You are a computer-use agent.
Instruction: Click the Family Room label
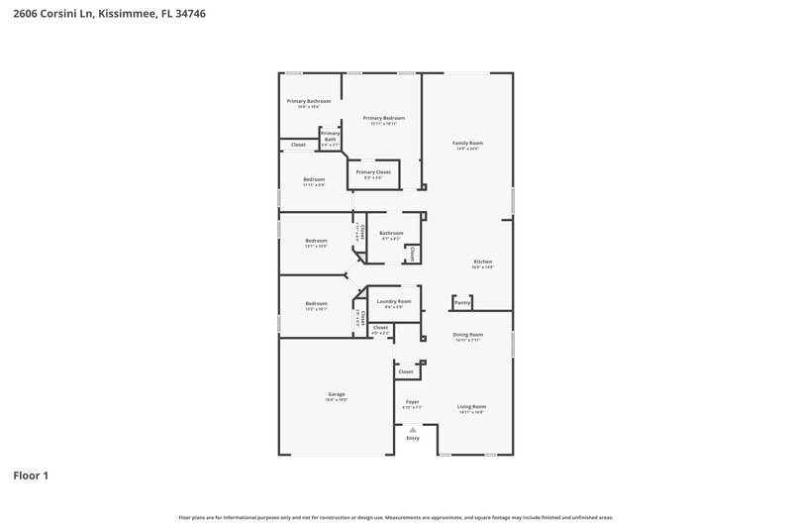pyautogui.click(x=466, y=144)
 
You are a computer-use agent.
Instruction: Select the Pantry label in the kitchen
pyautogui.click(x=462, y=302)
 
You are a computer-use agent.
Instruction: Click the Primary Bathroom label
pyautogui.click(x=309, y=101)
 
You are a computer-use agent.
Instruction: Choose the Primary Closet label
pyautogui.click(x=373, y=172)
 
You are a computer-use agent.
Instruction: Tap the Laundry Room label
pyautogui.click(x=393, y=301)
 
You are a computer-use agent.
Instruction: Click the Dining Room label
pyautogui.click(x=467, y=335)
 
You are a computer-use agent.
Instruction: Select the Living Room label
pyautogui.click(x=471, y=406)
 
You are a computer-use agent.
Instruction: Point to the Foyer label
pyautogui.click(x=413, y=402)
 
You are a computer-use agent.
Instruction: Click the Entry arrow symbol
pyautogui.click(x=413, y=429)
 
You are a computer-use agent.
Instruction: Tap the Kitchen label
pyautogui.click(x=482, y=262)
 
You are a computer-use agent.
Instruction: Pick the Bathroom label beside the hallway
pyautogui.click(x=391, y=233)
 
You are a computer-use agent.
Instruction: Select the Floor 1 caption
pyautogui.click(x=31, y=475)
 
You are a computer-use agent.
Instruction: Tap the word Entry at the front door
pyautogui.click(x=413, y=438)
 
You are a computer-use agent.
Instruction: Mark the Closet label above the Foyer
pyautogui.click(x=406, y=371)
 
